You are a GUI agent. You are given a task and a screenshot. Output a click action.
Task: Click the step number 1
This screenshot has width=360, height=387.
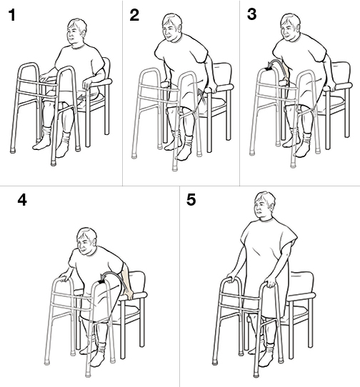click(x=11, y=16)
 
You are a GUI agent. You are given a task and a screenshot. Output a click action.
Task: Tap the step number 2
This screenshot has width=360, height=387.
click(x=134, y=16)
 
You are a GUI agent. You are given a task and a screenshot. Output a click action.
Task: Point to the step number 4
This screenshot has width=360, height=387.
click(x=23, y=201)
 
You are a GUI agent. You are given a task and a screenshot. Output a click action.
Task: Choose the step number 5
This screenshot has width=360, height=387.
click(x=191, y=201)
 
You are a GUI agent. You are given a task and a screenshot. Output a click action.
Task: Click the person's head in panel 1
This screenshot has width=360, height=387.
click(x=76, y=32)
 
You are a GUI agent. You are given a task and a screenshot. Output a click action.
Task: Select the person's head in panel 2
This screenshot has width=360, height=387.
click(x=171, y=29)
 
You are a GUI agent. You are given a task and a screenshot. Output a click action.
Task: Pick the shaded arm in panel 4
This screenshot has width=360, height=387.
click(x=127, y=283)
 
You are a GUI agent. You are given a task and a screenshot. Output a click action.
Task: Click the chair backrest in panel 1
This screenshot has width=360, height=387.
click(x=104, y=71)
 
